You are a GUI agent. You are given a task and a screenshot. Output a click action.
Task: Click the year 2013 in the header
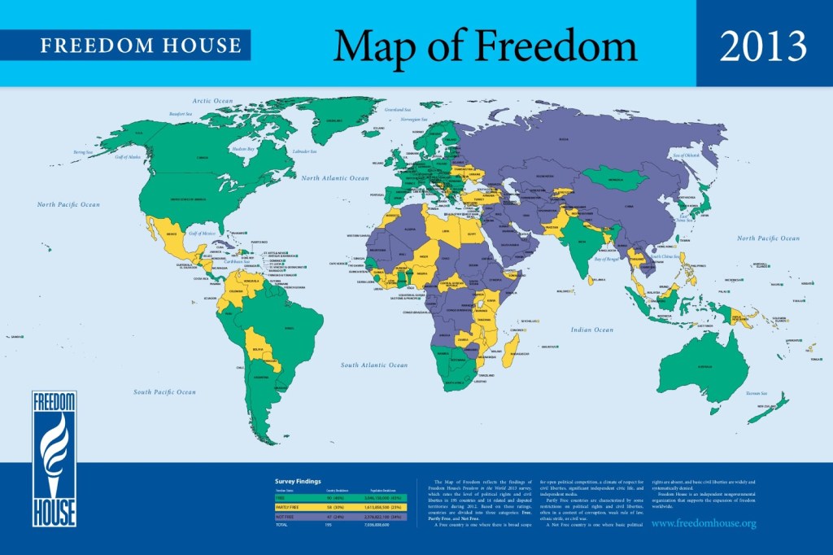pos(763,46)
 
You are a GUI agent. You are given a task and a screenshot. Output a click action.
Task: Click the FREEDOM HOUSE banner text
pos(141,45)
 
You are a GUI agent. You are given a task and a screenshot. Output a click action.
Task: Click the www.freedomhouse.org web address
pos(704,523)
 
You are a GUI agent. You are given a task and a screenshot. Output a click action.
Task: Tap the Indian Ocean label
pos(591,330)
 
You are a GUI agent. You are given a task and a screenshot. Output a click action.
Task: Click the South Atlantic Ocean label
pos(374,365)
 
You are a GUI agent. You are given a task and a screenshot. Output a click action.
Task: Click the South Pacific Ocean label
pos(164,392)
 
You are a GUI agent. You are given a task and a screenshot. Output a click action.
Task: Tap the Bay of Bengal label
pos(611,259)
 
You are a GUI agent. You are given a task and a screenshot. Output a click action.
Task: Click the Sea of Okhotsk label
pos(686,155)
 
